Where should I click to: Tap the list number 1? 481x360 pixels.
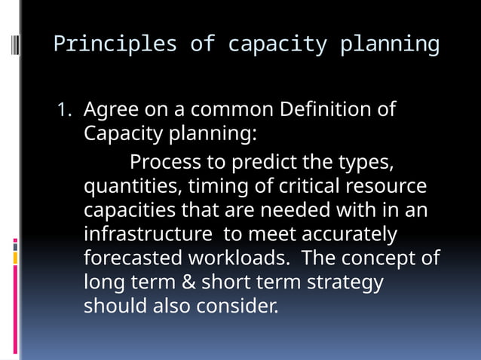click(x=63, y=110)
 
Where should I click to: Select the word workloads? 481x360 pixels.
click(x=238, y=258)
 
